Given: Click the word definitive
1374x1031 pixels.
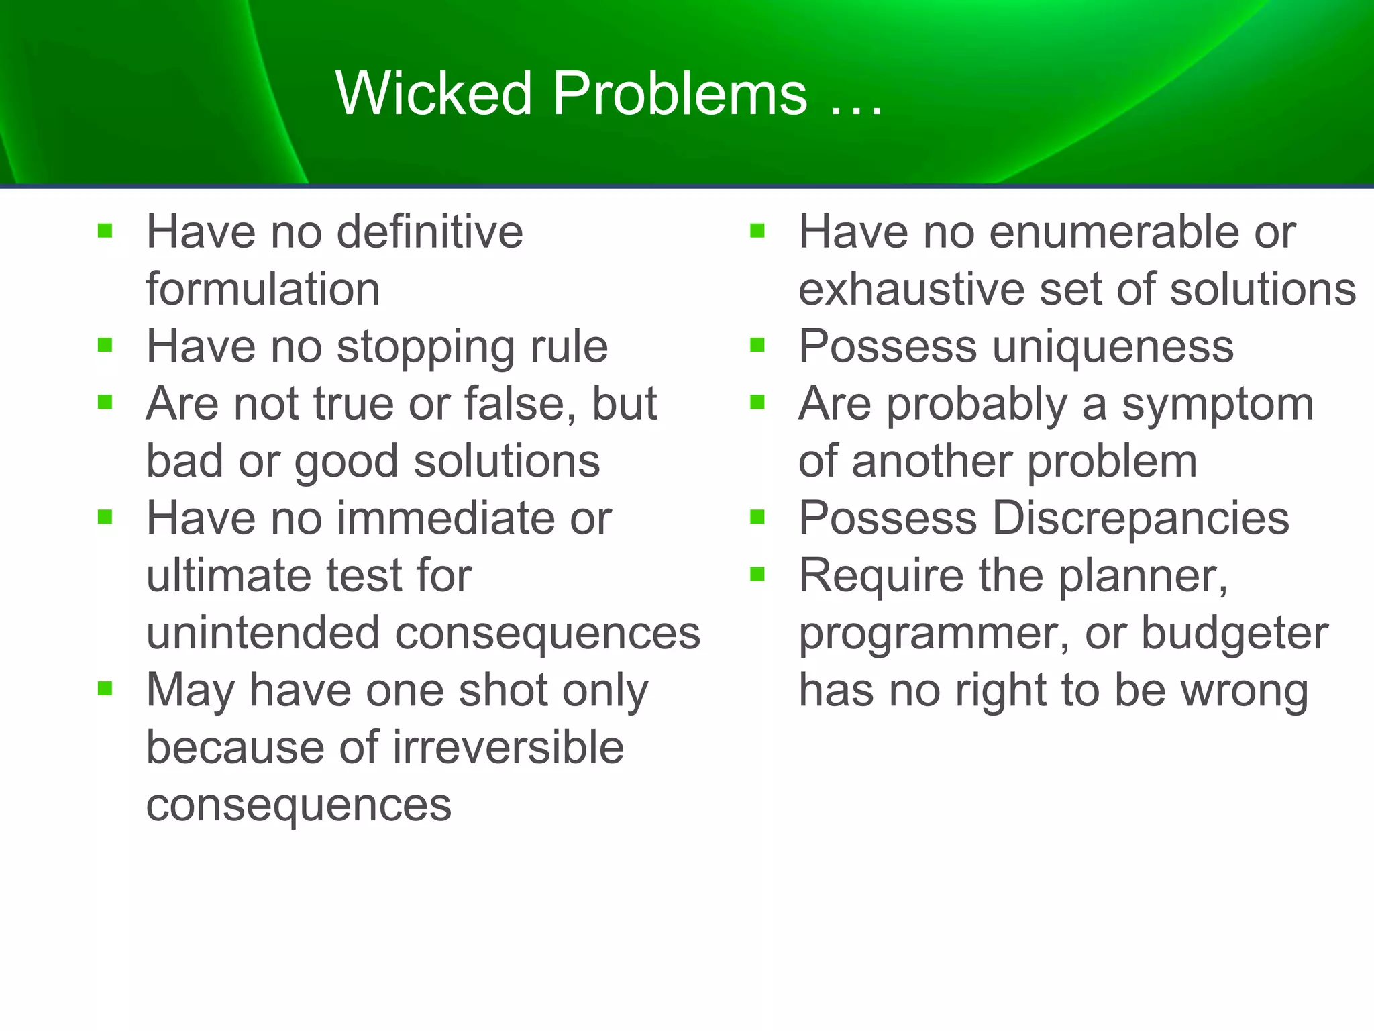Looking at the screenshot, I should [x=429, y=232].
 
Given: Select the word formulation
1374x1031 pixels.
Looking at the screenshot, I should [x=263, y=290].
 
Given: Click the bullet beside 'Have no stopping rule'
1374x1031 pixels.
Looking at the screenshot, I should [x=105, y=346].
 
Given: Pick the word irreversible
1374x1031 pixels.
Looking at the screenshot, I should [x=508, y=748].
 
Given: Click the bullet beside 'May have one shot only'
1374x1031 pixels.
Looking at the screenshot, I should [x=105, y=689].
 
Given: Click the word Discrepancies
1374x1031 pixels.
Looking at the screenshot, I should [x=1140, y=519].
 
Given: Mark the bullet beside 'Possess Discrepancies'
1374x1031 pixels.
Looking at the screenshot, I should [x=757, y=518].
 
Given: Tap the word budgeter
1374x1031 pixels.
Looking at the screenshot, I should [x=1234, y=634].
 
